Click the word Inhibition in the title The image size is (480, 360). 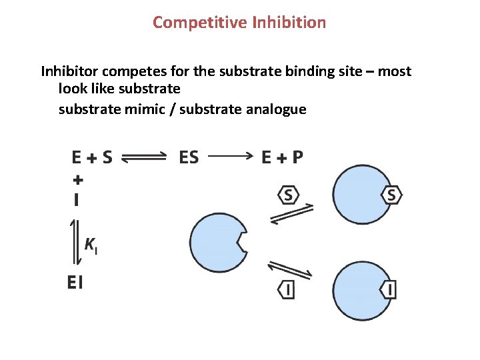289,23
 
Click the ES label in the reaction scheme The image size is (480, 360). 189,157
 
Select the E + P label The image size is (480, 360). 282,157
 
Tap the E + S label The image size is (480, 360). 92,157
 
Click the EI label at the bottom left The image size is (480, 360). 75,283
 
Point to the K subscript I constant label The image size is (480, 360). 91,245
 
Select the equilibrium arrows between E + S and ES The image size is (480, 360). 144,157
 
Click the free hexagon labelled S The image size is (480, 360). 289,195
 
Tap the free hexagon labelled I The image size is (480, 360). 287,290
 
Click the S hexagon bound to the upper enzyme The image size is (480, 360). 391,195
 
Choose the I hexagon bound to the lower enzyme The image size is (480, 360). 389,290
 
